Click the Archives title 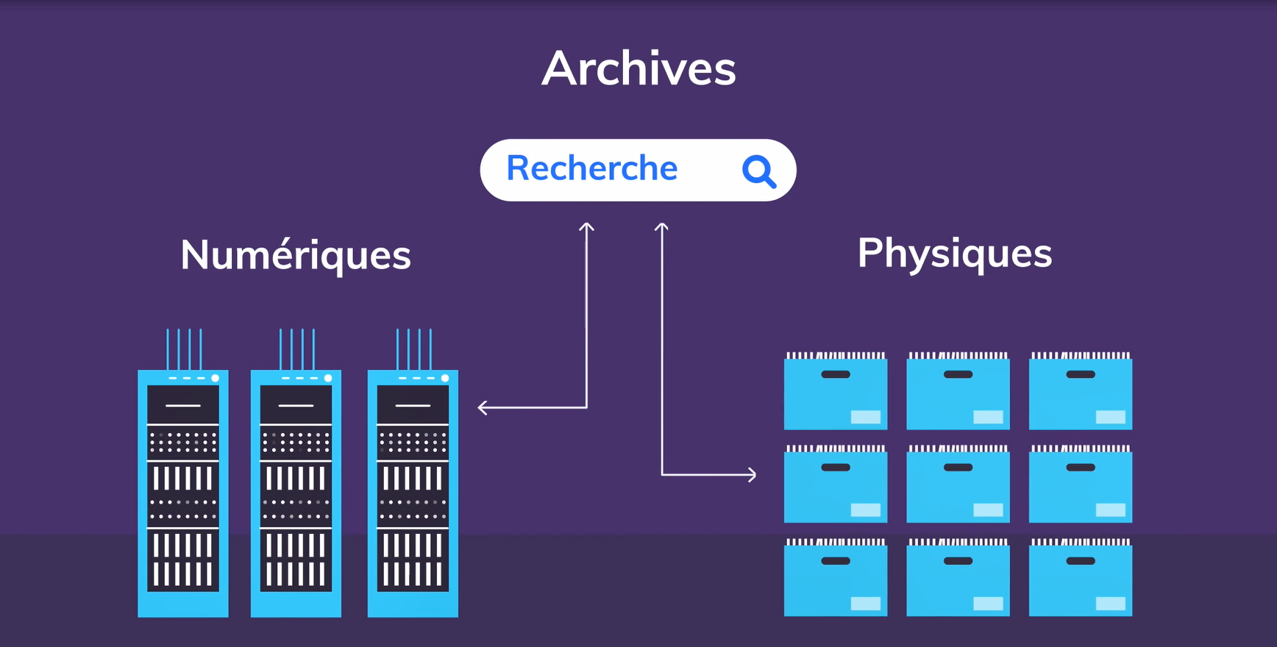[x=638, y=69]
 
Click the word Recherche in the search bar [x=591, y=168]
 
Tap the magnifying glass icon [x=758, y=171]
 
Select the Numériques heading [x=295, y=255]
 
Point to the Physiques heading [x=954, y=254]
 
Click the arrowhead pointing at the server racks [x=483, y=407]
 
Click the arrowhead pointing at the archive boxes [x=752, y=475]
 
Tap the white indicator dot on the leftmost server [x=216, y=378]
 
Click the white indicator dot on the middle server [x=328, y=378]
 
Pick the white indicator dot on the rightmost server [x=444, y=378]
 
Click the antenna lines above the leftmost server [x=184, y=349]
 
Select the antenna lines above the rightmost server [x=413, y=349]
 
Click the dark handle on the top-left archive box [x=835, y=375]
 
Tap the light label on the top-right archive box [x=1110, y=418]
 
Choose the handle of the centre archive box [x=958, y=468]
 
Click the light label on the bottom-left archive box [x=865, y=604]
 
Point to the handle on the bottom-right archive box [x=1080, y=561]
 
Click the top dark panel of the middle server [x=296, y=405]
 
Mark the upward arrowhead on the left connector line [x=586, y=227]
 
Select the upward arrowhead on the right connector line [x=661, y=227]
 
